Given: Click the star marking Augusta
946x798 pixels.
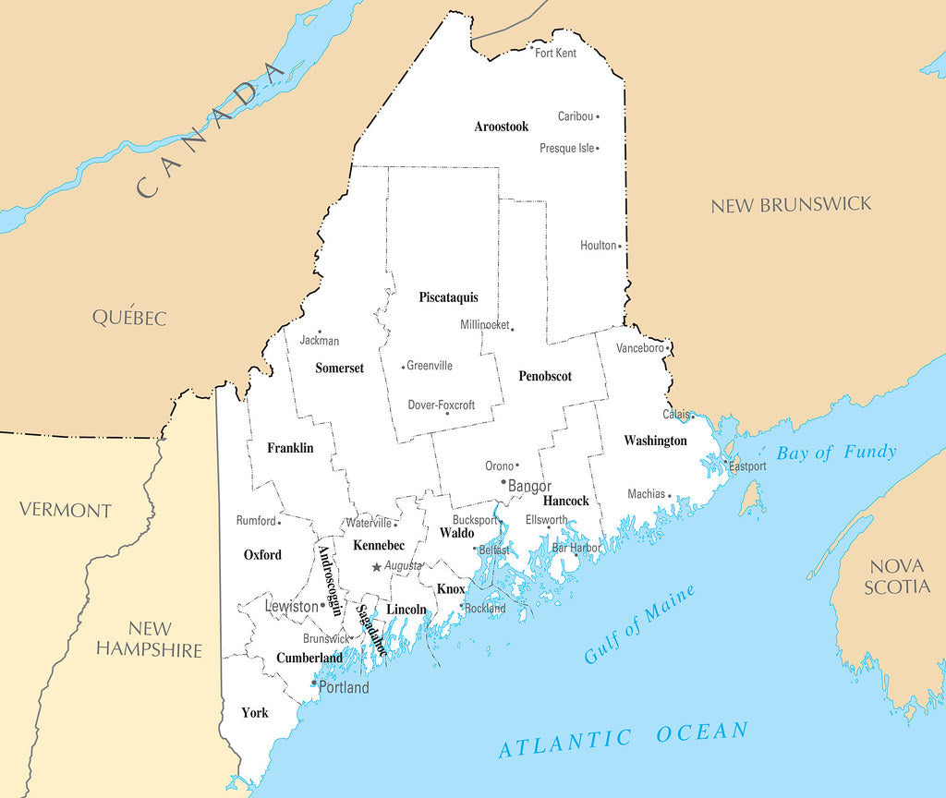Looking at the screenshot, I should (376, 566).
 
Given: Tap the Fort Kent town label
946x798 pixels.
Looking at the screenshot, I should (556, 54).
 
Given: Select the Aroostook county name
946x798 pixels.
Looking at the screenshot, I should (502, 127).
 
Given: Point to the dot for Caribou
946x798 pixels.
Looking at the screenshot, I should (598, 116).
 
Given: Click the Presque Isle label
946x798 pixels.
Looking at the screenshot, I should (567, 148).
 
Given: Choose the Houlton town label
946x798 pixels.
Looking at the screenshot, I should (598, 246).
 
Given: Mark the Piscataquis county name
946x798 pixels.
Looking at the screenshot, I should (448, 297).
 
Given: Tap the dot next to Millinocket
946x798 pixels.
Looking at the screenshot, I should (513, 328).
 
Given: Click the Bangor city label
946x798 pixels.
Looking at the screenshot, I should (530, 486).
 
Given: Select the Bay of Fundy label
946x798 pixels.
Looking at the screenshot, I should (836, 453).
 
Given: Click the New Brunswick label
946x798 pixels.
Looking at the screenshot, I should (791, 205).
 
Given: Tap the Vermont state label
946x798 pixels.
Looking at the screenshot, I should (66, 510).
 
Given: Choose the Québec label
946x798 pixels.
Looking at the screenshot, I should (129, 317).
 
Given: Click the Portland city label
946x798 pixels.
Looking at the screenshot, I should (344, 687).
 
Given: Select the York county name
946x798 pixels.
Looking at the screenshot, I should (255, 713).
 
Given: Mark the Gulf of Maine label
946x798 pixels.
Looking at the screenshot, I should (639, 625).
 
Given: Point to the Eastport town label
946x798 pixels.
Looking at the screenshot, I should (747, 466).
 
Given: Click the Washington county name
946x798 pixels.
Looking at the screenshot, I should (655, 441).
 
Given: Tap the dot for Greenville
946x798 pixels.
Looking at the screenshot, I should (403, 367).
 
